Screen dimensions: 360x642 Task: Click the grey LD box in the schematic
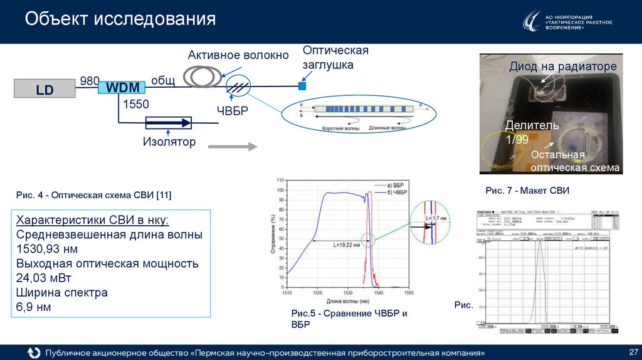(x=45, y=89)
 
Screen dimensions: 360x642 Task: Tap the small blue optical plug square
(x=302, y=85)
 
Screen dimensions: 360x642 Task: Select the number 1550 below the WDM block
(x=135, y=104)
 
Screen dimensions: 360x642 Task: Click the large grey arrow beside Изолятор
(x=233, y=147)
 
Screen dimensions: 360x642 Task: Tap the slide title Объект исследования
(x=120, y=19)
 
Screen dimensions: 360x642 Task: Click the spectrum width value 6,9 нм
(x=33, y=307)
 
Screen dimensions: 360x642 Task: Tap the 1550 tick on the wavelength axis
(x=409, y=293)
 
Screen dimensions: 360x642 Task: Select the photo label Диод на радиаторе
(x=562, y=66)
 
